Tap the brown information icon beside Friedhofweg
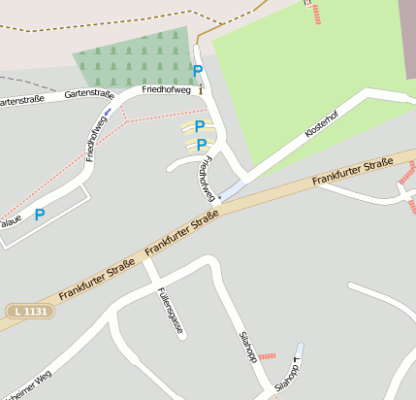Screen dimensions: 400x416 coord(201,89)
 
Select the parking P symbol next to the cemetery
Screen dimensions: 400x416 coord(198,71)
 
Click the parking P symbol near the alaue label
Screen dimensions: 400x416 coord(40,215)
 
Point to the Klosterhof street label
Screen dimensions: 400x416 coord(321,126)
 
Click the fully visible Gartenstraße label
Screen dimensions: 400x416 coord(89,94)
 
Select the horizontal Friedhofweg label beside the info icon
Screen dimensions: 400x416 coord(166,89)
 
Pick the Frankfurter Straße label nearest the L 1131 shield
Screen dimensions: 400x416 coord(96,280)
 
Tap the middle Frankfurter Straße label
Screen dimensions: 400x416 coord(181,237)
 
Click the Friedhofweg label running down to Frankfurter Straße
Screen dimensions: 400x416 coord(206,180)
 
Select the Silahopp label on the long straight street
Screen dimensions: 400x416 coord(247,346)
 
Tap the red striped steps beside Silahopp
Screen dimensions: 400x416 coord(267,355)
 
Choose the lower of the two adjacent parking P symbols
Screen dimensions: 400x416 coord(202,145)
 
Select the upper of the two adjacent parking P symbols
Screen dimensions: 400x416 coord(200,126)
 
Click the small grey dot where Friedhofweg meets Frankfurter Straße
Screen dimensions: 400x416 coord(220,198)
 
